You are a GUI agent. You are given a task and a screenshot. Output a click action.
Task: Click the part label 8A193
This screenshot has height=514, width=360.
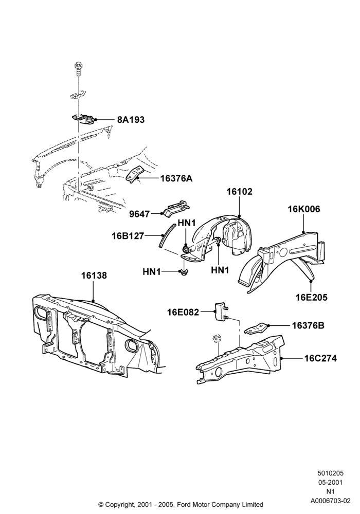coord(131,120)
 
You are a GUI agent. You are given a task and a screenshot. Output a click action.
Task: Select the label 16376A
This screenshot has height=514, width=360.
coord(176,178)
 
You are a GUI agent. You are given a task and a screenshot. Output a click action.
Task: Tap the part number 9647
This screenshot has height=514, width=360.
coord(139,214)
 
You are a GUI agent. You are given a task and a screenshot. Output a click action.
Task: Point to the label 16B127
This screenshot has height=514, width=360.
coord(128,236)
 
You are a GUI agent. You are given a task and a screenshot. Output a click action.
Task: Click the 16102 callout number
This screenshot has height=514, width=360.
coord(240,191)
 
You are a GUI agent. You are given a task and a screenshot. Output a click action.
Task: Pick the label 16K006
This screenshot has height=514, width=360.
coord(304,209)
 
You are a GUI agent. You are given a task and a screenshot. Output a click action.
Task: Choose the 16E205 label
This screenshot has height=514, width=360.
coord(312,297)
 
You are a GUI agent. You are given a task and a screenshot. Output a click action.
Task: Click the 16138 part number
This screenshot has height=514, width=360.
coord(94,276)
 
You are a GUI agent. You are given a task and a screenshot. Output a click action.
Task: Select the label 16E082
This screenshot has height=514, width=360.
coord(183,313)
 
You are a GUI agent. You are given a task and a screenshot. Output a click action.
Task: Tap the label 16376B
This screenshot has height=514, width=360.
coord(308,325)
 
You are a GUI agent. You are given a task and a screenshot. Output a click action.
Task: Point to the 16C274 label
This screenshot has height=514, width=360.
coord(320,358)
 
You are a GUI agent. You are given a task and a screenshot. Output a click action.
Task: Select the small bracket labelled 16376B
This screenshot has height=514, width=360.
coord(257,329)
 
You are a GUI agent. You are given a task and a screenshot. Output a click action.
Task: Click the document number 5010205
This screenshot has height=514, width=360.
coord(330,473)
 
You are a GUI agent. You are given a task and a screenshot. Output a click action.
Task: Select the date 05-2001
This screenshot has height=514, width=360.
coord(331,483)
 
